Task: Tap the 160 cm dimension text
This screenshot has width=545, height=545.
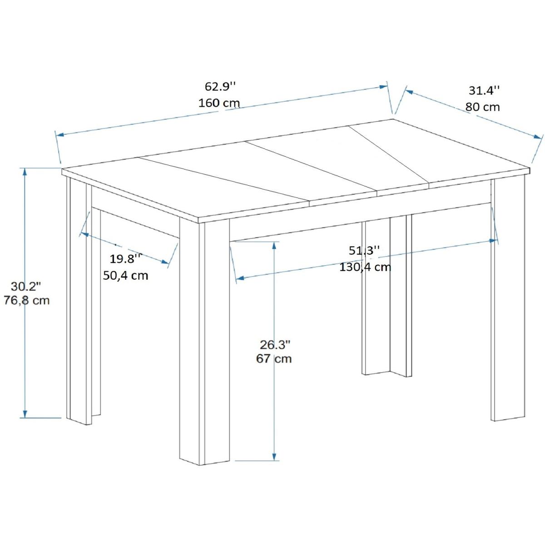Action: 219,103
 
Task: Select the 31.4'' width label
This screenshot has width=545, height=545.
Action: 484,90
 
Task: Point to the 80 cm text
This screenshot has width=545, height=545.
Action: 482,107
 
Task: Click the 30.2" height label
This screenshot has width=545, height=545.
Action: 26,287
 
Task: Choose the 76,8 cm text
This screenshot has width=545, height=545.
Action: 27,300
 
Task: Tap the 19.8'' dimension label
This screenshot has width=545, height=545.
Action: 125,259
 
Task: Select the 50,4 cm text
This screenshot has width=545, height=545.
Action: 125,275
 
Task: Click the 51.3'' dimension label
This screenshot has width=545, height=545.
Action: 364,251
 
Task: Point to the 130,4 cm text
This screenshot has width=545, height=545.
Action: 365,267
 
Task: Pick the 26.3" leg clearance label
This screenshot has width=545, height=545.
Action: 275,345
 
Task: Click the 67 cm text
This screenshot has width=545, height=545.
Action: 274,359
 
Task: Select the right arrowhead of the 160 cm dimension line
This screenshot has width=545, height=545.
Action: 383,87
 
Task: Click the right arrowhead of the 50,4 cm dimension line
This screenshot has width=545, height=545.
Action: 165,262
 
